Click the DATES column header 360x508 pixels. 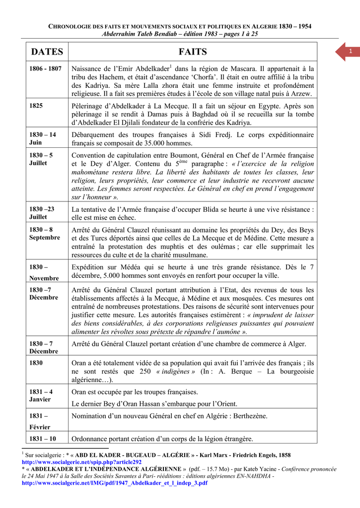click(x=47, y=52)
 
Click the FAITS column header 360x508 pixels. click(x=192, y=52)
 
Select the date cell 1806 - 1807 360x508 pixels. click(x=45, y=68)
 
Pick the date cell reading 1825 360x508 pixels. click(x=36, y=106)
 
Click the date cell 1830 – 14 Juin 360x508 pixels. click(x=43, y=138)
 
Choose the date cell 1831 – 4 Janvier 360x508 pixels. click(x=41, y=395)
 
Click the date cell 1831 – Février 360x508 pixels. click(x=40, y=421)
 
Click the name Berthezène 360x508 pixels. click(x=245, y=416)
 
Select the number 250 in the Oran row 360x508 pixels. click(x=144, y=372)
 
